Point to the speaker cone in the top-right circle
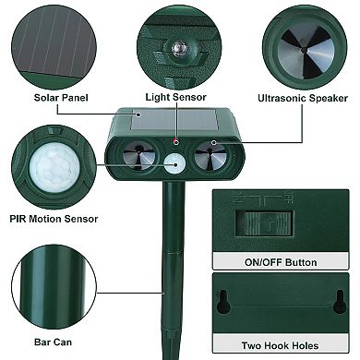pos(305,44)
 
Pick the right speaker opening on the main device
pos(211,158)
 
